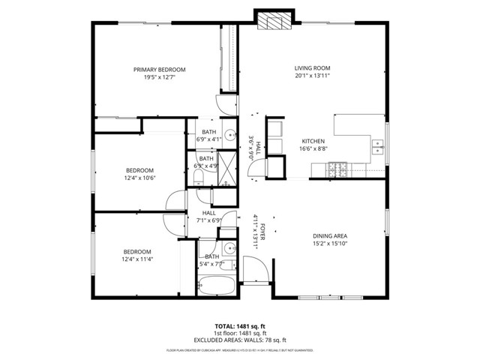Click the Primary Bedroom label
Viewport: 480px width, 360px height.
pyautogui.click(x=159, y=70)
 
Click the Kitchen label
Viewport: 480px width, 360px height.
pyautogui.click(x=313, y=142)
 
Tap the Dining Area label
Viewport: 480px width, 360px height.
pyautogui.click(x=329, y=235)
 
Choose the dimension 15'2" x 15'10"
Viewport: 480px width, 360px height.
pyautogui.click(x=329, y=244)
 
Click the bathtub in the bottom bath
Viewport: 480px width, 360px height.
pyautogui.click(x=216, y=286)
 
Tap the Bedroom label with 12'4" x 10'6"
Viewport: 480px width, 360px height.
pyautogui.click(x=139, y=169)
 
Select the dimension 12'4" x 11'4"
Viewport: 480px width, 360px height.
pyautogui.click(x=137, y=259)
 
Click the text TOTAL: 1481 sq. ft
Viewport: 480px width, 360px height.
pyautogui.click(x=240, y=326)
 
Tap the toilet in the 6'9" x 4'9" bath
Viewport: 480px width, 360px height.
pyautogui.click(x=197, y=178)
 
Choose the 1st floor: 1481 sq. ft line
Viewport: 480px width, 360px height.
pyautogui.click(x=240, y=334)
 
